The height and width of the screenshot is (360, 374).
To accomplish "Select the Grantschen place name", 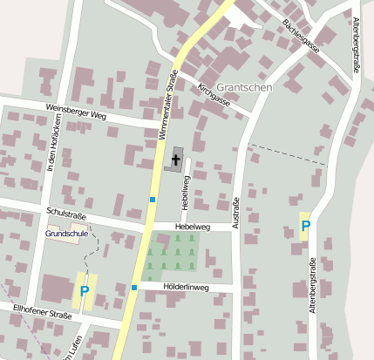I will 245,87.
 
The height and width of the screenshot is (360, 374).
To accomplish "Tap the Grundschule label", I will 65,234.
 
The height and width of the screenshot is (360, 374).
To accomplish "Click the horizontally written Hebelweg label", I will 193,227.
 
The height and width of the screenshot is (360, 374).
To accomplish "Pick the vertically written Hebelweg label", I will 185,191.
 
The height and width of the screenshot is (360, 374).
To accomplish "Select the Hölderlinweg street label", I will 186,286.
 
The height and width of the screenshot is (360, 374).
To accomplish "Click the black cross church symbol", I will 177,159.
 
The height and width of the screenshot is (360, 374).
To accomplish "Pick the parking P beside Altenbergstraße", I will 305,227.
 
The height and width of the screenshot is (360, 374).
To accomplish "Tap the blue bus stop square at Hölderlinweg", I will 134,287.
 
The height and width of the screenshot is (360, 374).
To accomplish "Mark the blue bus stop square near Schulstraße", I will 152,200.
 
